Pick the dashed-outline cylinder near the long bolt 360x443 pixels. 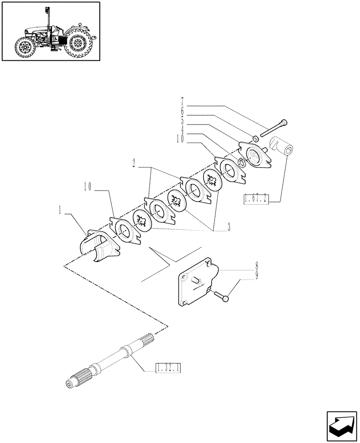[x=282, y=146]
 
